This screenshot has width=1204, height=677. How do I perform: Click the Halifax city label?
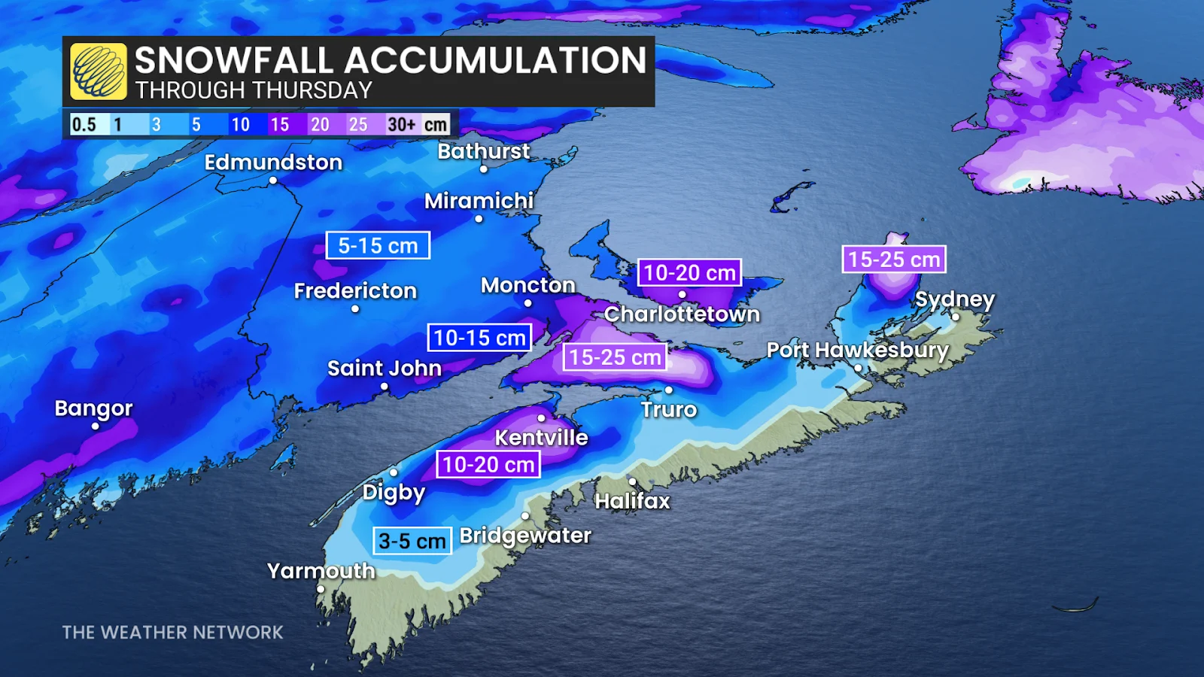632,501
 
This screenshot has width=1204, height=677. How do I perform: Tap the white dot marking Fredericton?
355,308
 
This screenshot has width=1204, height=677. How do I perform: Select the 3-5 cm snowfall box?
412,541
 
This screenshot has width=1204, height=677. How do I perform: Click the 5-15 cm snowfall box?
378,245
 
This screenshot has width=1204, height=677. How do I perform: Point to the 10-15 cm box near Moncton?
479,338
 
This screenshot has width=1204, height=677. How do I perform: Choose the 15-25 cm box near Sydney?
894,260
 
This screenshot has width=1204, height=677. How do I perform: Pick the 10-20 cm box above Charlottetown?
689,272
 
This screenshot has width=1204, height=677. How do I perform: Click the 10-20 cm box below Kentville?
488,464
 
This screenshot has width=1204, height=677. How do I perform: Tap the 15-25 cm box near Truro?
615,357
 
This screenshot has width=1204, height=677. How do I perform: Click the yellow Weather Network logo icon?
98,71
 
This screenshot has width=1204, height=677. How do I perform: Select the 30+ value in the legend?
401,124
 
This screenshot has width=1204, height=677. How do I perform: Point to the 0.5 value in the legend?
84,124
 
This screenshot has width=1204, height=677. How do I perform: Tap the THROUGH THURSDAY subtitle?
254,90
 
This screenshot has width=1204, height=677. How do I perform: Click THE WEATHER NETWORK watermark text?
172,633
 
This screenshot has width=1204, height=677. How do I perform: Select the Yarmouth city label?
321,571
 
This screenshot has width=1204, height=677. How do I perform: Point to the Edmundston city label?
273,162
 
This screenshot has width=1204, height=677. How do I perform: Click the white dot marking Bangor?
96,426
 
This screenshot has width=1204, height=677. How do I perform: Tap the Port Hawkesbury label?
858,351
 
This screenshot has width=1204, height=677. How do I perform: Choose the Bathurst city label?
484,151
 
